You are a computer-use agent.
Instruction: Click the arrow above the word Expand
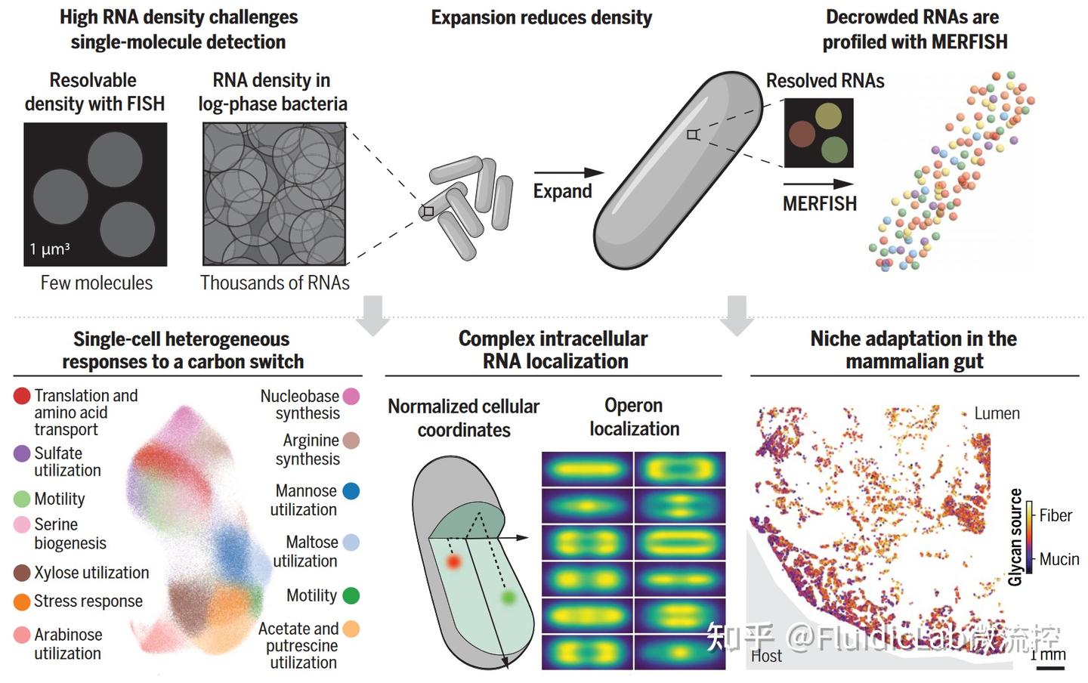(569, 172)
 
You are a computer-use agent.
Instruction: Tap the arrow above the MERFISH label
(818, 184)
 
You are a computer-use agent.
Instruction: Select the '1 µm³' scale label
(50, 249)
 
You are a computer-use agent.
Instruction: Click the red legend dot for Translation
(22, 396)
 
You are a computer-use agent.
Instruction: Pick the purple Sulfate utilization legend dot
(22, 454)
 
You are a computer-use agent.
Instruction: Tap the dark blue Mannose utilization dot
(351, 491)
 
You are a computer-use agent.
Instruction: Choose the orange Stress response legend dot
(22, 602)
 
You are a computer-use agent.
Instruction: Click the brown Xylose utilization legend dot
(22, 573)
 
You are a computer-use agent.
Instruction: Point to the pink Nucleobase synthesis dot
(351, 397)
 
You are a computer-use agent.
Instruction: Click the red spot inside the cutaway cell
(453, 562)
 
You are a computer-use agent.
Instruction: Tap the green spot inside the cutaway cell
(508, 597)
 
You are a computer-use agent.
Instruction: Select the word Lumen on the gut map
(997, 413)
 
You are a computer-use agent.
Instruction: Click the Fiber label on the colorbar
(1056, 515)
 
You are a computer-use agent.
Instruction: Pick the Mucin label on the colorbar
(1059, 559)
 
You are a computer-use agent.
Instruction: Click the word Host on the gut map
(766, 656)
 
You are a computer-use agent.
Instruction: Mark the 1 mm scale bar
(1050, 669)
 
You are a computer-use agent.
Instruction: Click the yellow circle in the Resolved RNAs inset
(828, 116)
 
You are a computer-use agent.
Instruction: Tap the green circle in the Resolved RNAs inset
(834, 150)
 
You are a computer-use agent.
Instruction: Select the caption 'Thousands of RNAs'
(275, 283)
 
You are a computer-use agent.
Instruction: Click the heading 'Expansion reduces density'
(542, 18)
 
